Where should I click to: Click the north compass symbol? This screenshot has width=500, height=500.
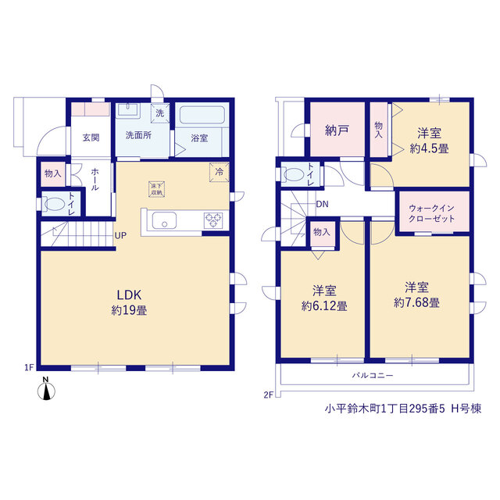[x=46, y=389]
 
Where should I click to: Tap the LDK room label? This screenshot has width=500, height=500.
[x=129, y=295]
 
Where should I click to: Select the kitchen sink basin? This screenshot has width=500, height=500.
[x=164, y=220]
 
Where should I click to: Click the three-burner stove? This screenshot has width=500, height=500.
[x=213, y=220]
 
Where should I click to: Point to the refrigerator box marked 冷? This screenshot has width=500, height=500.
[x=219, y=172]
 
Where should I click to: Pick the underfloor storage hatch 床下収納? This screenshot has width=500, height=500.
[x=156, y=189]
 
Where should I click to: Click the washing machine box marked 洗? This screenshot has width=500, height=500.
[x=159, y=113]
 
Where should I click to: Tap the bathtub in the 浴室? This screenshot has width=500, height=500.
[x=202, y=115]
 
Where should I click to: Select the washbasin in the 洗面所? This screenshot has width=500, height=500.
[x=128, y=109]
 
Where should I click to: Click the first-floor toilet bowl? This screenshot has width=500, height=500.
[x=55, y=204]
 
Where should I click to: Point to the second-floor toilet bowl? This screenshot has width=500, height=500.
[x=294, y=174]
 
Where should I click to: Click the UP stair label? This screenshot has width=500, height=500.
[x=120, y=236]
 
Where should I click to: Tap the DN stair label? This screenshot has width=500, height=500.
[x=322, y=204]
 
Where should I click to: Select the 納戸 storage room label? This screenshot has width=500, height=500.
[x=337, y=130]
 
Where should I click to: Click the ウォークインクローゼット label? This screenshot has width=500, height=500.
[x=431, y=213]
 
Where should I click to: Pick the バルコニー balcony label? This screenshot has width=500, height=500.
[x=373, y=376]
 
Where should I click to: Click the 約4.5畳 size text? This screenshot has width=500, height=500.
[x=429, y=148]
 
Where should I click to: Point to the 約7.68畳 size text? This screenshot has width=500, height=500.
[x=416, y=302]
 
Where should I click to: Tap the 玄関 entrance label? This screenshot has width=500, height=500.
[x=91, y=137]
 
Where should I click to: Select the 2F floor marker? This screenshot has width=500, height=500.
[x=268, y=395]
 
